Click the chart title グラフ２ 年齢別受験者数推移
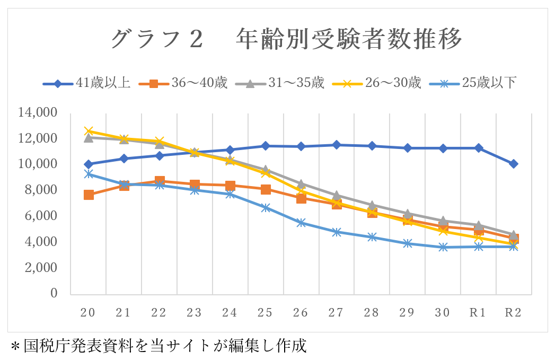pyautogui.click(x=287, y=40)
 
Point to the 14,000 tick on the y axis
pyautogui.click(x=37, y=112)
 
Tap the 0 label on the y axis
pyautogui.click(x=54, y=293)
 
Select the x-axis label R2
pyautogui.click(x=513, y=313)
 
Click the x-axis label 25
pyautogui.click(x=265, y=313)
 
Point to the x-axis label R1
pyautogui.click(x=478, y=313)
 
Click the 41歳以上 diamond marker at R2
pyautogui.click(x=514, y=164)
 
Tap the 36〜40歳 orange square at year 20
pyautogui.click(x=89, y=195)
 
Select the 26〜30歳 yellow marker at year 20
pyautogui.click(x=89, y=131)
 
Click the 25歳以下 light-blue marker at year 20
pyautogui.click(x=89, y=174)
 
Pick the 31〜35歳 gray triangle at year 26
pyautogui.click(x=301, y=184)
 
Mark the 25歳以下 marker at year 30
pyautogui.click(x=443, y=247)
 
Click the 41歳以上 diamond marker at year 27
pyautogui.click(x=337, y=145)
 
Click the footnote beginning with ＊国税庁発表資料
pyautogui.click(x=159, y=346)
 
